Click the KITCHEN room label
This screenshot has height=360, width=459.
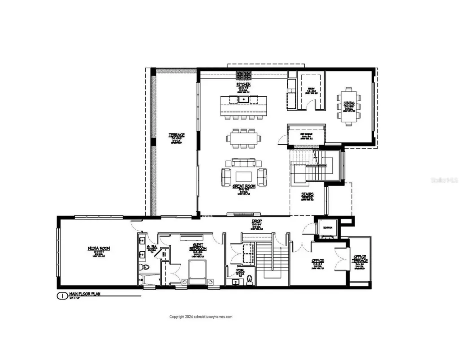coord(243,84)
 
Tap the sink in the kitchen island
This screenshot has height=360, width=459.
coord(243,99)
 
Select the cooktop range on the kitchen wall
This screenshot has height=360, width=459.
coord(243,75)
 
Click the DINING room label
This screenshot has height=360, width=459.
coord(349,103)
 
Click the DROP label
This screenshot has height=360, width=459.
coord(244,222)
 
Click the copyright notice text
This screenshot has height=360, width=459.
coord(201,317)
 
